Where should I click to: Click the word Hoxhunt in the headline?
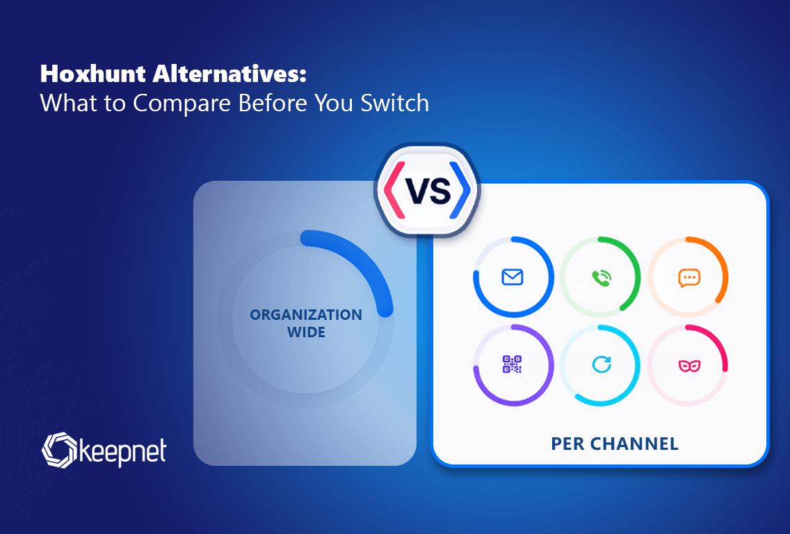[92, 74]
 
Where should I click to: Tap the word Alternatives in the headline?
[229, 74]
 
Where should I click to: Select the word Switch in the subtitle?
[394, 103]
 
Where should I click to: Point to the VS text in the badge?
[428, 191]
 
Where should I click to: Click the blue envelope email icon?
[513, 277]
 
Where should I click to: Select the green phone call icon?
[601, 277]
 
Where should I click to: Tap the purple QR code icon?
[513, 364]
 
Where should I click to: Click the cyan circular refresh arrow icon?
[601, 364]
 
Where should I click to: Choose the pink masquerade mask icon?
[689, 365]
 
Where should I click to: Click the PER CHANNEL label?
[615, 444]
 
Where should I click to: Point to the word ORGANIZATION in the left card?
[306, 315]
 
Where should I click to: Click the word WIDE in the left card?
[306, 332]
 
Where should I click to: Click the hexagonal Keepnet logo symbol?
[59, 450]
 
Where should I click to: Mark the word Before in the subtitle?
[273, 103]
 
